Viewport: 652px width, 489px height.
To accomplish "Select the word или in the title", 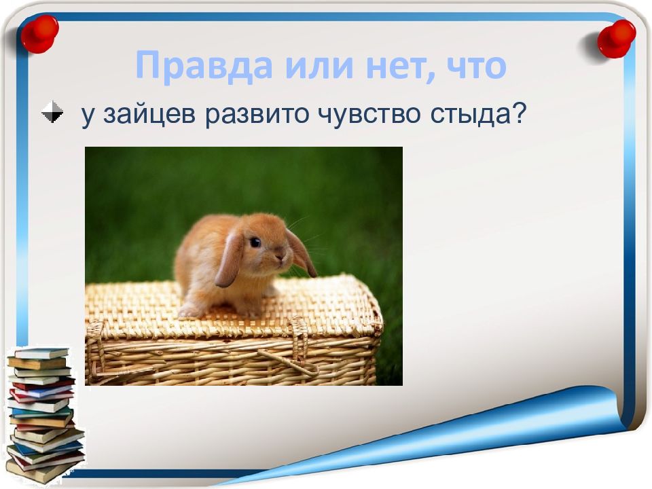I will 301,67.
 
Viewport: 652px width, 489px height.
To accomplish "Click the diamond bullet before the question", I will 52,112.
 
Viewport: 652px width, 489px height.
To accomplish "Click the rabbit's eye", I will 255,242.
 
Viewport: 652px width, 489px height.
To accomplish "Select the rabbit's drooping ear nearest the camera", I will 230,259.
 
